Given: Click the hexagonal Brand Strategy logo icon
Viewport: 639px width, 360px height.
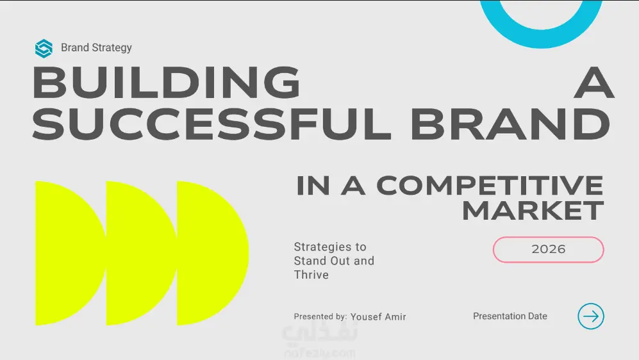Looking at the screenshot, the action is (44, 49).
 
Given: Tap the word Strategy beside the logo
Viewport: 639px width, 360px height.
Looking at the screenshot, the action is (112, 48).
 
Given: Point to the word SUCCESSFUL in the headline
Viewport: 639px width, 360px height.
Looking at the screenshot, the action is (212, 124).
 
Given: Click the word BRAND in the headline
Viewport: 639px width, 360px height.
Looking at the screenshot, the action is (510, 124).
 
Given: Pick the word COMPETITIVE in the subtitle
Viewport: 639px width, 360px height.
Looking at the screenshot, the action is (490, 185).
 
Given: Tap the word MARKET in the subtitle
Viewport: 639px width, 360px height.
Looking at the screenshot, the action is (533, 211).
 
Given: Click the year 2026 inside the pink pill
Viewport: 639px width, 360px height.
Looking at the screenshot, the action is (548, 249).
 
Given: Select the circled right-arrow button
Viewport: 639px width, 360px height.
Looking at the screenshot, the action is (590, 316).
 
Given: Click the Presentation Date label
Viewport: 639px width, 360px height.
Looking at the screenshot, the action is (510, 316).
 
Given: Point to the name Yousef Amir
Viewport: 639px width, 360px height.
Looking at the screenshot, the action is (378, 317).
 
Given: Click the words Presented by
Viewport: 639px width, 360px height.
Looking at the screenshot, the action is (320, 316).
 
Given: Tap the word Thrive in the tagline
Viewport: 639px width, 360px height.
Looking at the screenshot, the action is (311, 275).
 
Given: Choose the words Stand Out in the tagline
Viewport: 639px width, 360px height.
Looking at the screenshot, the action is (322, 261).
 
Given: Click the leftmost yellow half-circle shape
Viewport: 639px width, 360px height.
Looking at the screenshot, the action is (69, 253).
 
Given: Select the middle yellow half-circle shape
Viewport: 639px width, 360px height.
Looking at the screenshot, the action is (140, 253).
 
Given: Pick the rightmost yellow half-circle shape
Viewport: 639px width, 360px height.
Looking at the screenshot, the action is (212, 253).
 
